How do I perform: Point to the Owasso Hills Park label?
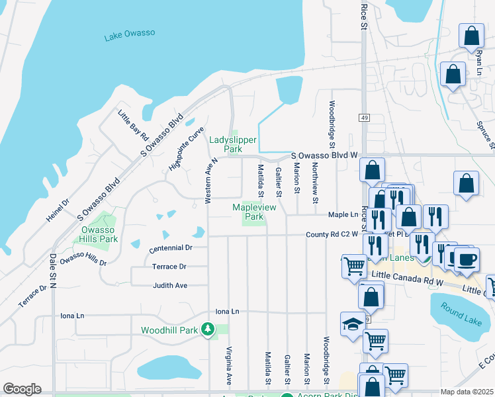99,234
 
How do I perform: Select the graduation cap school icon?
351,324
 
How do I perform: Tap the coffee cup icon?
467,258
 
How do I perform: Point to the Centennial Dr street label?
170,247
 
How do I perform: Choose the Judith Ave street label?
170,285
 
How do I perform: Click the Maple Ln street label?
343,214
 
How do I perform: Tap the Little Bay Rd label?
134,126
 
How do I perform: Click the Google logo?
22,389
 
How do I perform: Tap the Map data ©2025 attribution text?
466,392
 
